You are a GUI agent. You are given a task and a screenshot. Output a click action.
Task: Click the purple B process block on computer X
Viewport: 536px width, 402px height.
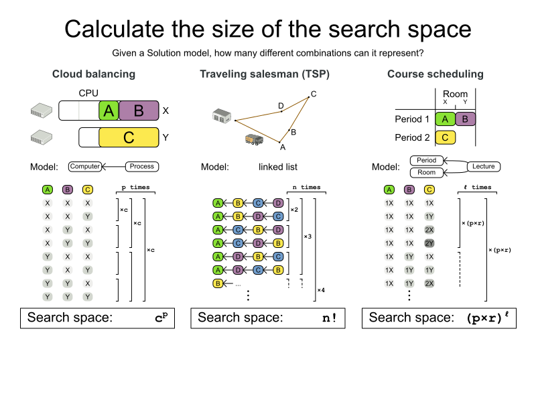point(139,111)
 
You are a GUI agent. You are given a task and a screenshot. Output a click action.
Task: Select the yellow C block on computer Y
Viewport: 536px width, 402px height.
point(129,138)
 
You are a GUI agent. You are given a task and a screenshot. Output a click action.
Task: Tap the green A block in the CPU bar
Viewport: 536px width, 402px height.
point(109,111)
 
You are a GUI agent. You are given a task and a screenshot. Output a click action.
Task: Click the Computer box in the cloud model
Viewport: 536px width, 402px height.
point(85,166)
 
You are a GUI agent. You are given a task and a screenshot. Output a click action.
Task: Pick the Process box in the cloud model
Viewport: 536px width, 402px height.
point(141,166)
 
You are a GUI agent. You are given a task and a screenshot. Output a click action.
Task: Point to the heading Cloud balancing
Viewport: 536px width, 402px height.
point(94,74)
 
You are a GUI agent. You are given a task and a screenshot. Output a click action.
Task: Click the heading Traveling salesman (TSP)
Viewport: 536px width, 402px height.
point(265,74)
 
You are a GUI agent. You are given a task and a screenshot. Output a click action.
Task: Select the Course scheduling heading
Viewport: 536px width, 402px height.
point(435,74)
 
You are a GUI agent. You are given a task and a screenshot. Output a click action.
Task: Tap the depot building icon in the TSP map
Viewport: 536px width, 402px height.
point(222,116)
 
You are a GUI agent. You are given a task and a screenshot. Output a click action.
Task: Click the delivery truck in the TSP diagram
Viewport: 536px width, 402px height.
point(254,139)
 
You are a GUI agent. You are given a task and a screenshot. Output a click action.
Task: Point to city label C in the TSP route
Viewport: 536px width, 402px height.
point(314,93)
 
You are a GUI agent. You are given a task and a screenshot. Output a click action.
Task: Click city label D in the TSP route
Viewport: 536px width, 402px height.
point(281,105)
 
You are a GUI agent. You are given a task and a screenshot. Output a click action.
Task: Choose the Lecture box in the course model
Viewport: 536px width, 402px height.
point(483,166)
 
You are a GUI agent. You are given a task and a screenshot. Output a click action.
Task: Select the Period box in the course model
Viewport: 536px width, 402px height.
point(427,161)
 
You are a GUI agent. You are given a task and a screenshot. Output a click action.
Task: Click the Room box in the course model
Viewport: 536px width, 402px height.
point(427,172)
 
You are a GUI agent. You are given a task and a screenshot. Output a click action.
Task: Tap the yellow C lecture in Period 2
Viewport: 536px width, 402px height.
point(446,138)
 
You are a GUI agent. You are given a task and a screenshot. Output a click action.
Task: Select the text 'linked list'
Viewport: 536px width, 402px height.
point(277,167)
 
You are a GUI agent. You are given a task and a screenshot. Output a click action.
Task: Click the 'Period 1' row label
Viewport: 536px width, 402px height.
point(412,119)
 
